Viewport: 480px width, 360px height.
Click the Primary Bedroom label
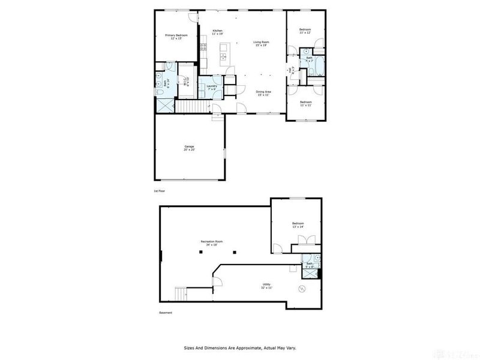point(176,36)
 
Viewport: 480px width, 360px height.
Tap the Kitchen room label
point(217,31)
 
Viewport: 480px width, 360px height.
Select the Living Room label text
point(261,43)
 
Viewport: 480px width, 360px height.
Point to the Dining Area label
point(263,93)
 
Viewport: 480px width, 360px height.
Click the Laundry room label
point(211,87)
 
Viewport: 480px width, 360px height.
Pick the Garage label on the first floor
point(189,147)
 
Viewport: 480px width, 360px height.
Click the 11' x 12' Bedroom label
point(305,31)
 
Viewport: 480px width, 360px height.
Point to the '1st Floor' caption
point(159,191)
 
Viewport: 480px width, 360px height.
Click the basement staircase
point(182,295)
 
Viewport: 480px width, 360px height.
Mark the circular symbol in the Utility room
point(303,290)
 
